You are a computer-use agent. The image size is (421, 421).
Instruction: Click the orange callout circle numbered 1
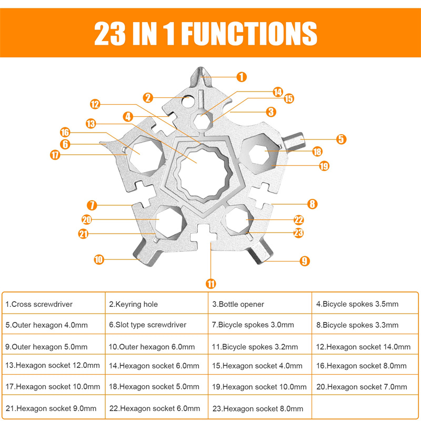(x=242, y=77)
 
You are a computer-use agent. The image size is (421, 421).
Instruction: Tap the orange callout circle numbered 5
(x=342, y=139)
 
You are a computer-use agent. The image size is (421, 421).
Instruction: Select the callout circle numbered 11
(x=211, y=284)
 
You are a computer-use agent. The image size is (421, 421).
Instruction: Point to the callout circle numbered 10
(x=99, y=259)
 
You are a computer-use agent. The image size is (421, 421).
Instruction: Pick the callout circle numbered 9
(x=304, y=260)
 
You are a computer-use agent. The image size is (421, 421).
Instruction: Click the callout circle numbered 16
(x=65, y=132)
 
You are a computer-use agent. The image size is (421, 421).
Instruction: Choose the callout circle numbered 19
(x=324, y=166)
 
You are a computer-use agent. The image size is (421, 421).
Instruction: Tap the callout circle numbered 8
(x=312, y=203)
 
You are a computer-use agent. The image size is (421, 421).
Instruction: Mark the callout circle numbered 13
(x=91, y=124)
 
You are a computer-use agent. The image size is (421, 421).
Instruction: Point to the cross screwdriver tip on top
(x=202, y=76)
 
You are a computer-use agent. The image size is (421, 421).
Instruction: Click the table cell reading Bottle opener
(x=260, y=304)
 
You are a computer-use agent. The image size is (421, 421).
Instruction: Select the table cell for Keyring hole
(x=157, y=304)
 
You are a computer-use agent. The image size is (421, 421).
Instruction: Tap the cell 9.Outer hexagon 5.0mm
(x=54, y=347)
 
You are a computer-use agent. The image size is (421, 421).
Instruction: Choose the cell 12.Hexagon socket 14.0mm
(x=363, y=347)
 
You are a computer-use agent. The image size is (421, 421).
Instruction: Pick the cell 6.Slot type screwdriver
(x=157, y=325)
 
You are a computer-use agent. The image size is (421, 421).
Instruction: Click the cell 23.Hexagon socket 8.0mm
(x=260, y=408)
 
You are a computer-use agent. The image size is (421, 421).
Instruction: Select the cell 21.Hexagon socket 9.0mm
(x=54, y=408)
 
